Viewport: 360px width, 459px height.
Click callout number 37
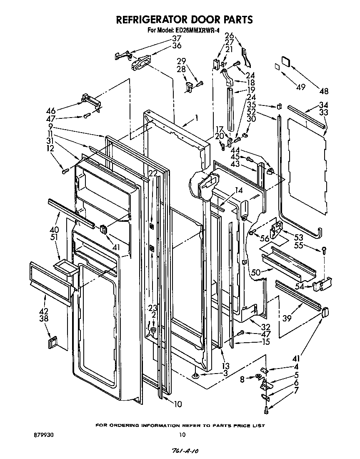click(x=177, y=39)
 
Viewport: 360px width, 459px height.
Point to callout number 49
click(x=301, y=87)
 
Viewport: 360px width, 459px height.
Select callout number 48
click(x=323, y=91)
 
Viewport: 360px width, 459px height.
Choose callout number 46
click(x=51, y=111)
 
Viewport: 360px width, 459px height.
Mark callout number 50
click(x=256, y=272)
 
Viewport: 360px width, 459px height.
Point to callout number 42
click(x=44, y=311)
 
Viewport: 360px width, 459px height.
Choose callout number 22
click(x=153, y=173)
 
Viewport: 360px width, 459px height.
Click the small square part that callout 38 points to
click(x=52, y=343)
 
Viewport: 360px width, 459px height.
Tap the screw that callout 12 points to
click(x=65, y=171)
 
